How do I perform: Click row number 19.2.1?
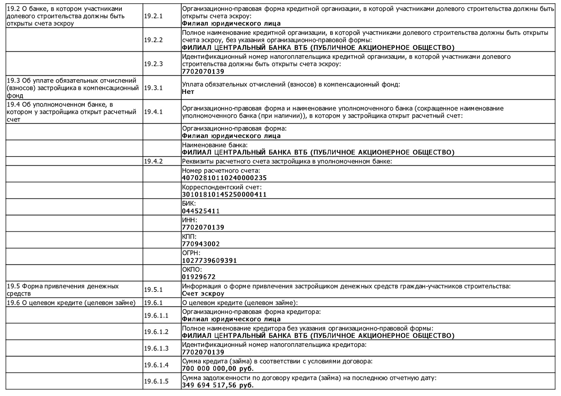click(153, 16)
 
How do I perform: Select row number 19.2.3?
click(153, 64)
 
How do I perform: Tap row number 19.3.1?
click(153, 88)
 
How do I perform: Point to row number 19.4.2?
click(153, 161)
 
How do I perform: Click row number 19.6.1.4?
click(156, 365)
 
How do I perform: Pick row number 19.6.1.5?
click(156, 381)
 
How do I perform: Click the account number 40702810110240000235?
click(224, 178)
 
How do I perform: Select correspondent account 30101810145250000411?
click(224, 195)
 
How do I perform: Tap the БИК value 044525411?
click(201, 211)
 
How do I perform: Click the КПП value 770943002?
click(201, 244)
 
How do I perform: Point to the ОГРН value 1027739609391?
click(209, 261)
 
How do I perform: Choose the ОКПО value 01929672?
click(198, 277)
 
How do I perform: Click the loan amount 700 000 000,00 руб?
click(218, 369)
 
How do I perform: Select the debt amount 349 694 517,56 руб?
click(218, 385)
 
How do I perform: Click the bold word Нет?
click(188, 92)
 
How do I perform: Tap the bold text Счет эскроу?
click(203, 294)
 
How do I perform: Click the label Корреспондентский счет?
click(222, 187)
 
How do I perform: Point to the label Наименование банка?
click(215, 145)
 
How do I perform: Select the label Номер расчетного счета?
click(221, 171)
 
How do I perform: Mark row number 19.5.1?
click(153, 290)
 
